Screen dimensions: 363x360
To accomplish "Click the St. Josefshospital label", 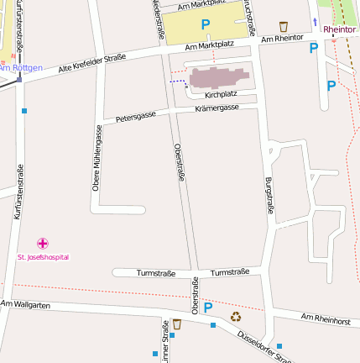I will tap(43, 257).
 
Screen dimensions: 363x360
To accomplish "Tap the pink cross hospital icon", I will tap(43, 244).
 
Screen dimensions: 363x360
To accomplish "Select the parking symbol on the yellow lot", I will tap(206, 25).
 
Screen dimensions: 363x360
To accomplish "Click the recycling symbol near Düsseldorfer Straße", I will tap(236, 317).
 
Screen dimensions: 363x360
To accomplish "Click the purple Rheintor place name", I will tap(339, 29).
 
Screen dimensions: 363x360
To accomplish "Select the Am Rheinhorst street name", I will tap(325, 319).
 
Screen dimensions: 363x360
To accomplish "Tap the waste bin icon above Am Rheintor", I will tap(283, 27).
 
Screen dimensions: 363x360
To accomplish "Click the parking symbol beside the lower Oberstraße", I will tap(207, 308).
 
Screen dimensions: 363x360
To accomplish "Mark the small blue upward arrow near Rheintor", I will tap(315, 22).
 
